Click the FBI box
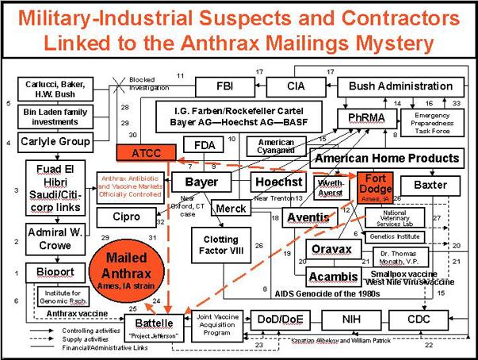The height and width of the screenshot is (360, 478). point(225,86)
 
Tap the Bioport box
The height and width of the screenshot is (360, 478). point(49,272)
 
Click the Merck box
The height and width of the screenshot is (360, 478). point(231,208)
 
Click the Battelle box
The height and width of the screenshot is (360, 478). point(154,323)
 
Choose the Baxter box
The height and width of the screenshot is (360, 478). point(430,185)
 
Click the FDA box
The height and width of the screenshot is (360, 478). point(200,144)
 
